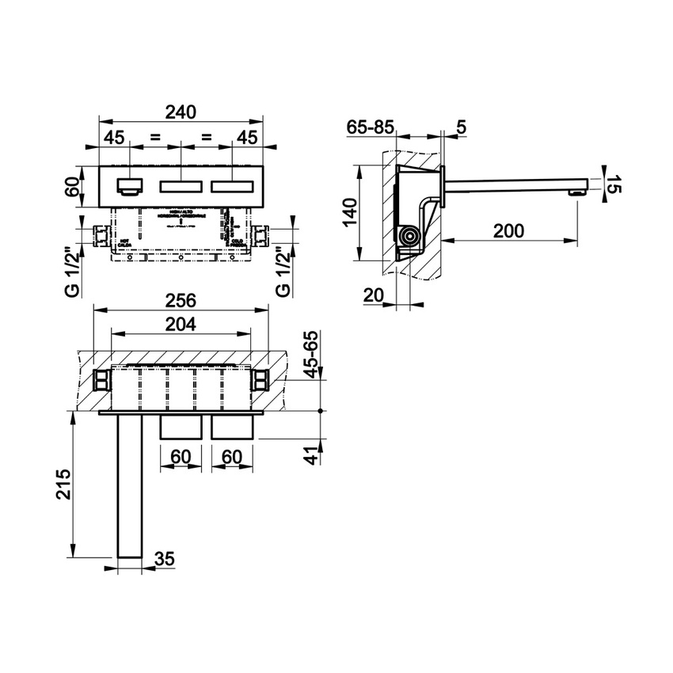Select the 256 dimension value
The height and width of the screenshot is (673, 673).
180,302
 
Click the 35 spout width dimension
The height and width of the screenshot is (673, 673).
164,559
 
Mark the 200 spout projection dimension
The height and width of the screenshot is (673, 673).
508,230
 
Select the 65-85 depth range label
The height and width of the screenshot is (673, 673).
371,126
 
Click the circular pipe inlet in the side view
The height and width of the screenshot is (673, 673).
409,237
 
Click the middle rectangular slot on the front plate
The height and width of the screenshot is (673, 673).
181,188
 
